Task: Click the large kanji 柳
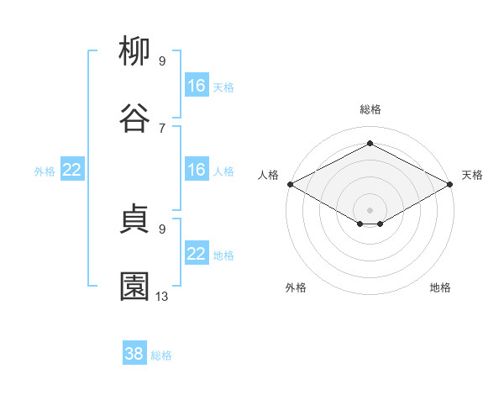click(134, 50)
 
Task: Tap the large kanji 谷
click(134, 118)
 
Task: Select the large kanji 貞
click(134, 219)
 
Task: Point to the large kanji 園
click(134, 287)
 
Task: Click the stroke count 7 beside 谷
click(162, 129)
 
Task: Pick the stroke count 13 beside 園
click(161, 297)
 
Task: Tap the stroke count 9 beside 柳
click(162, 61)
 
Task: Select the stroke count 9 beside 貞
click(162, 229)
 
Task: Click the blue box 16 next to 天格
click(197, 85)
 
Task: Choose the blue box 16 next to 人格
click(197, 169)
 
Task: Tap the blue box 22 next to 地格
click(197, 252)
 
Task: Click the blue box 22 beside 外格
click(72, 169)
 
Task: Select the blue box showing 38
click(134, 352)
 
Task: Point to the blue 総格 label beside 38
click(161, 355)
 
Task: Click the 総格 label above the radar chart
click(370, 109)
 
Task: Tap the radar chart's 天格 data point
click(449, 184)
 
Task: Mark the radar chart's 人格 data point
click(291, 184)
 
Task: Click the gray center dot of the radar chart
click(370, 210)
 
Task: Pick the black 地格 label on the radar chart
click(440, 287)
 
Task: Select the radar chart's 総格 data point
click(370, 143)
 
